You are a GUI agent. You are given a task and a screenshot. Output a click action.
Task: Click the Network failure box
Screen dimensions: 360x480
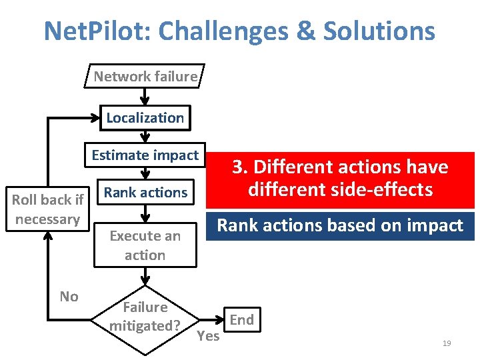[x=145, y=77]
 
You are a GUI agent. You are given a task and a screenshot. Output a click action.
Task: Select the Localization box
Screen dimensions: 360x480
[x=145, y=118]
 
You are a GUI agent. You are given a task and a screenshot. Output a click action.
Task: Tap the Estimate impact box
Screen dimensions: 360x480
[x=145, y=155]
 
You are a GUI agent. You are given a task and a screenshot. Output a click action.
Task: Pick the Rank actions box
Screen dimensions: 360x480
[x=145, y=193]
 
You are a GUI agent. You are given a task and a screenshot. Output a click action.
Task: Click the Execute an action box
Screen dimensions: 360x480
[x=145, y=245]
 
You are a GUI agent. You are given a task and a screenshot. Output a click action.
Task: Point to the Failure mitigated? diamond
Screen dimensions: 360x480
[x=145, y=317]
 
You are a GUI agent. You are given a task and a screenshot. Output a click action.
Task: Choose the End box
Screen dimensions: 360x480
[x=241, y=320]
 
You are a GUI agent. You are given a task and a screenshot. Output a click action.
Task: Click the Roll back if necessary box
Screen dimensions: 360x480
[x=48, y=209]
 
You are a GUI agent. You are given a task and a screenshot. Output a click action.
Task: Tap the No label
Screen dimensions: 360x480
[x=69, y=297]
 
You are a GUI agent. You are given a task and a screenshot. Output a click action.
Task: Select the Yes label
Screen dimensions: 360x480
[x=208, y=336]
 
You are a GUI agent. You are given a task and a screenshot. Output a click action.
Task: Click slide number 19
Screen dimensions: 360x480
[x=447, y=343]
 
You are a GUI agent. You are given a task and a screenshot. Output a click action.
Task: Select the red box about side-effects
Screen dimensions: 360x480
[x=340, y=179]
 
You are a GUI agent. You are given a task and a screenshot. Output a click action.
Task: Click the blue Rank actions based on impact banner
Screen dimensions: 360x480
[x=340, y=226]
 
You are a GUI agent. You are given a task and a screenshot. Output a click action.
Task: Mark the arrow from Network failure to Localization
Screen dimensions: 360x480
[x=145, y=96]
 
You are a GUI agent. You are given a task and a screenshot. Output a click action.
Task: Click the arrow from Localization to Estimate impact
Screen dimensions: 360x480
[x=145, y=137]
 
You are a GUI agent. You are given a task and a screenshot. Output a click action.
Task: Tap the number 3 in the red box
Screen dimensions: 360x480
[x=237, y=167]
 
